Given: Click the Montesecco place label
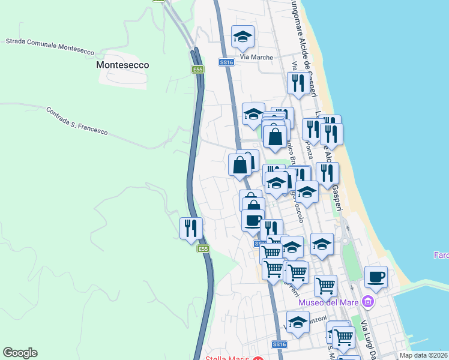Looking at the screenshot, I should click(122, 65).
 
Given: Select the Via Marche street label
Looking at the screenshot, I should click(256, 58).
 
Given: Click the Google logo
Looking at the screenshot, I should click(20, 353).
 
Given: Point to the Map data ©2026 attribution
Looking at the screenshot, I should click(423, 355).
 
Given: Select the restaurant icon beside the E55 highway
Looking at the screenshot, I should click(191, 228).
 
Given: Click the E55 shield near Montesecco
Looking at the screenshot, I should click(198, 70).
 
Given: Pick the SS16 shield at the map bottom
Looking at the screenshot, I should click(279, 344).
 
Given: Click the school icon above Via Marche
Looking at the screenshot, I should click(243, 37).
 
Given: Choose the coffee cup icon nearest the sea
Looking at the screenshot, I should click(376, 277).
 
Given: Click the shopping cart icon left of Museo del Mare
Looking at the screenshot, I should click(325, 285).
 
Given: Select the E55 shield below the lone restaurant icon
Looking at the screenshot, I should click(203, 249).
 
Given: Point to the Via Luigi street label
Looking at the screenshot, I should click(367, 339).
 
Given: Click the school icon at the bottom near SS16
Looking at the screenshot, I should click(298, 322).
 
